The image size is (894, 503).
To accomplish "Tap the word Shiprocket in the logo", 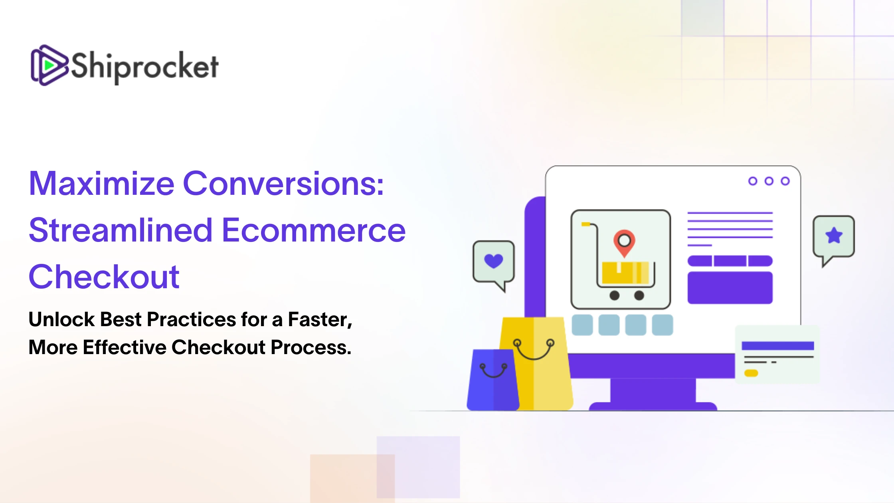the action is click(144, 67).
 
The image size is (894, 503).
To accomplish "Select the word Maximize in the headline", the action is click(102, 184).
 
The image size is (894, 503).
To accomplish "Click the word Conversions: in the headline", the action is click(283, 184).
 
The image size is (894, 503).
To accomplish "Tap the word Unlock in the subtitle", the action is click(62, 319).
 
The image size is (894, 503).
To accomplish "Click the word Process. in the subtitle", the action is click(311, 347).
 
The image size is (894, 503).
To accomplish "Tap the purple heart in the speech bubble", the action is click(493, 261).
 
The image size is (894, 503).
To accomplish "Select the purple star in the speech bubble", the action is click(834, 235).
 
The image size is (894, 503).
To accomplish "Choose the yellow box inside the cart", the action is click(625, 272).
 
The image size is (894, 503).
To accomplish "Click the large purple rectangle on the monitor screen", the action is click(730, 287).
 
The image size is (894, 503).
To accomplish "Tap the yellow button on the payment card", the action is click(751, 373).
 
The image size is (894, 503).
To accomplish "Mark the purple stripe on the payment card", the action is click(778, 346).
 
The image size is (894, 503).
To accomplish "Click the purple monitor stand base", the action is click(653, 406).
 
